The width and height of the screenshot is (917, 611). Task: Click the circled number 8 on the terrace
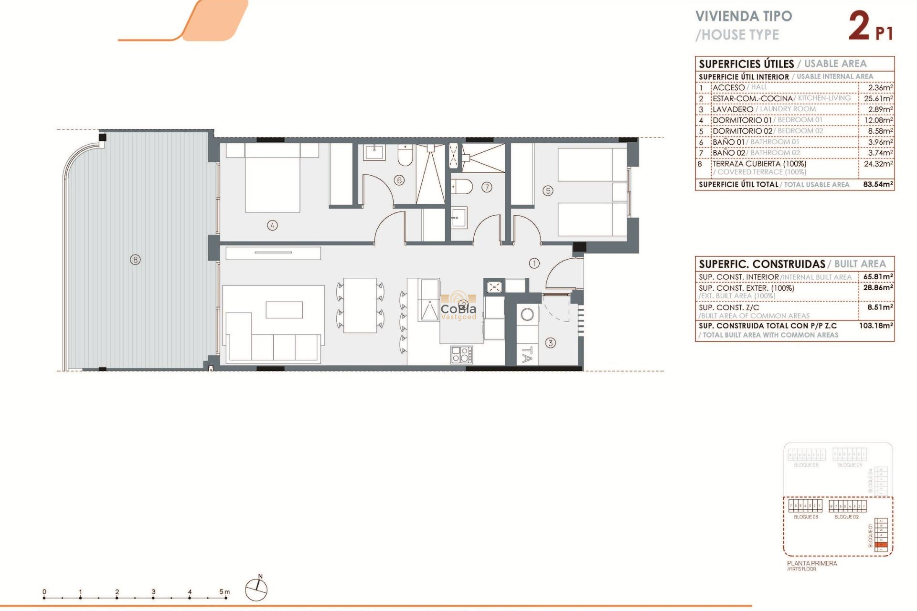(x=136, y=260)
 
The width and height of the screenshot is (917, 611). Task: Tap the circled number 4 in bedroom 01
(x=272, y=225)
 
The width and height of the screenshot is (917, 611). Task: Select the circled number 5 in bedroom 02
(x=548, y=191)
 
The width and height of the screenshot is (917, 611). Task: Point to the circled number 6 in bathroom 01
(x=399, y=180)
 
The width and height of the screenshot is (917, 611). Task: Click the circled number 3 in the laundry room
(x=551, y=343)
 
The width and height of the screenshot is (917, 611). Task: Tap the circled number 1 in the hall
(x=534, y=263)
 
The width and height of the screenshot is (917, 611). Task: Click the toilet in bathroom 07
(x=462, y=187)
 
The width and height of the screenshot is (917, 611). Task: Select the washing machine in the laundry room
(x=527, y=315)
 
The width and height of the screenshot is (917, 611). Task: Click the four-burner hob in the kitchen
(x=461, y=355)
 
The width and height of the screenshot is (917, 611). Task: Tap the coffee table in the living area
(x=284, y=310)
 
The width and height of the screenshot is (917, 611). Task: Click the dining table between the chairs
(x=360, y=305)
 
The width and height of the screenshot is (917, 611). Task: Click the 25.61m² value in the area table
(x=878, y=98)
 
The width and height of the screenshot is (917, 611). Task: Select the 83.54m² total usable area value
(x=878, y=184)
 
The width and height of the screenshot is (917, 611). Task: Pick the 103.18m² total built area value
(x=876, y=326)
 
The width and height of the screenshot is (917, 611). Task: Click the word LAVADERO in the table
(x=733, y=109)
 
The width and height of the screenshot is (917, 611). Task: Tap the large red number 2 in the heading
(x=859, y=26)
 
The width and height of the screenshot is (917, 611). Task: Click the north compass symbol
(x=256, y=590)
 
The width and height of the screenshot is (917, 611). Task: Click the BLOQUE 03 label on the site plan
(x=806, y=517)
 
